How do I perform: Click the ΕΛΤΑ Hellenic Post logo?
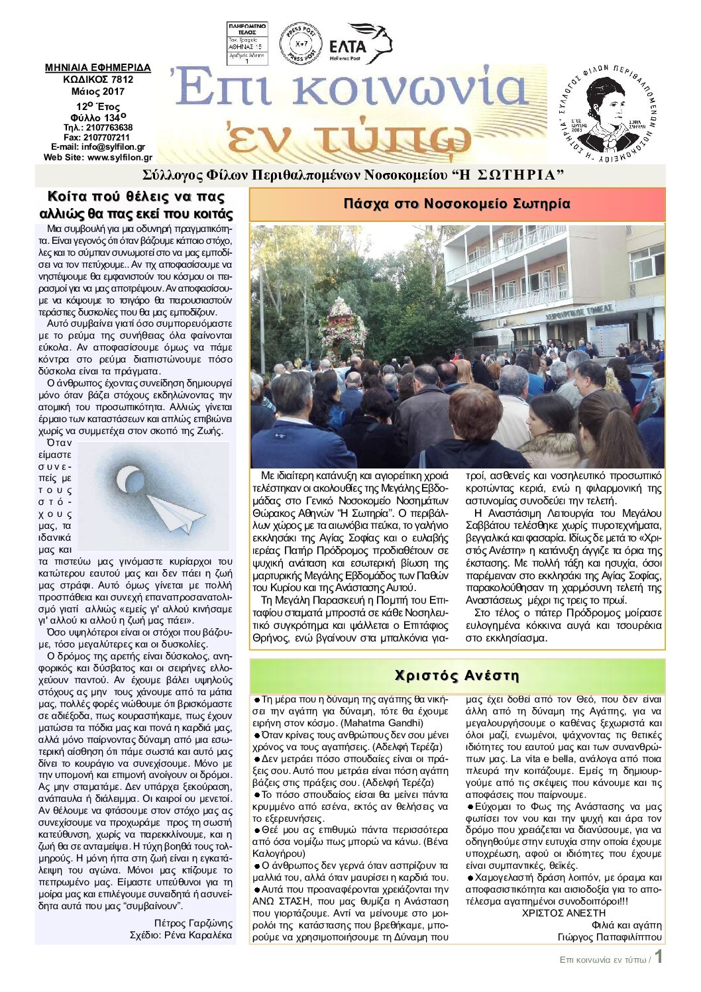point(360,44)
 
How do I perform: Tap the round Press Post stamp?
point(300,44)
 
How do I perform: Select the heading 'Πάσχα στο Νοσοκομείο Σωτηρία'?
point(457,203)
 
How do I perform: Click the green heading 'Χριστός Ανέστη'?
point(457,675)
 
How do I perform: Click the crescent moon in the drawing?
point(127,479)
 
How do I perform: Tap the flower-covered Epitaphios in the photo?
point(343,322)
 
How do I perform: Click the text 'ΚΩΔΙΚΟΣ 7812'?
point(98,80)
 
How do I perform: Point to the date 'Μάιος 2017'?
point(98,91)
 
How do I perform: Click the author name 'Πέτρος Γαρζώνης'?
point(193,923)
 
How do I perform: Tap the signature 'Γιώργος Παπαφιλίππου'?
point(609,937)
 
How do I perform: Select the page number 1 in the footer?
point(659,957)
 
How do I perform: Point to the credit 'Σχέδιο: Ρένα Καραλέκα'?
point(181,935)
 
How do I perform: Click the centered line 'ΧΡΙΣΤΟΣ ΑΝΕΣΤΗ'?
point(563,913)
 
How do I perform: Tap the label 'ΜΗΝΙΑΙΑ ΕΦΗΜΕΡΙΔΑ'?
point(98,68)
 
